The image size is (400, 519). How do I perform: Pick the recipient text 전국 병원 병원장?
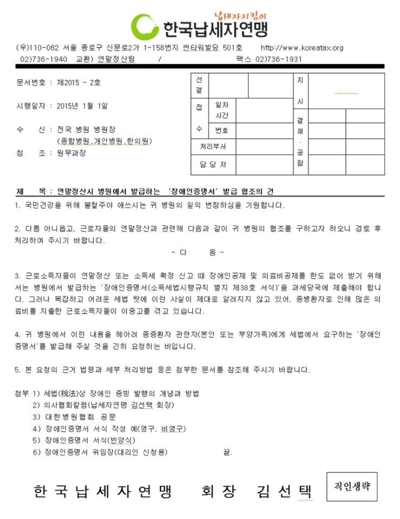click(x=86, y=130)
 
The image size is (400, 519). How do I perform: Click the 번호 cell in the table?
click(x=222, y=130)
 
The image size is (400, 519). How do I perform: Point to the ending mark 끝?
click(x=227, y=452)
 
